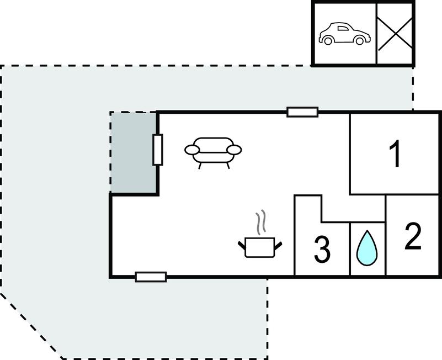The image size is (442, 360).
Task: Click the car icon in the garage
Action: click(344, 34)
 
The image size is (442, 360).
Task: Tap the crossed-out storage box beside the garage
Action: click(395, 34)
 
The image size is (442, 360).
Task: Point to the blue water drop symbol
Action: click(367, 248)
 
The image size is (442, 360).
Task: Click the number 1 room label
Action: click(395, 153)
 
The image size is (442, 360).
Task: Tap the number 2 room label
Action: click(413, 236)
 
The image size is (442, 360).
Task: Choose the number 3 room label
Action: click(322, 250)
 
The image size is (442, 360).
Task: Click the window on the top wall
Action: click(302, 112)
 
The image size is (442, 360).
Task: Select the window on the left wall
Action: click(158, 150)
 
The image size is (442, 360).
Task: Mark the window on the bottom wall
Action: click(151, 277)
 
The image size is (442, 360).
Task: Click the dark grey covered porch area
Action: click(134, 152)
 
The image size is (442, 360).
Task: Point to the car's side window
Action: click(343, 28)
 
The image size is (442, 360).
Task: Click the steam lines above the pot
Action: click(261, 222)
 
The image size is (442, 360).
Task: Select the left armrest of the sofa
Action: click(191, 150)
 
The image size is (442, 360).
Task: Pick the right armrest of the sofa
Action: click(235, 150)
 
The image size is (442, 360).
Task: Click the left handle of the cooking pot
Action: click(242, 245)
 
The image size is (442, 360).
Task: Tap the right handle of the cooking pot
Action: click(278, 245)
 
